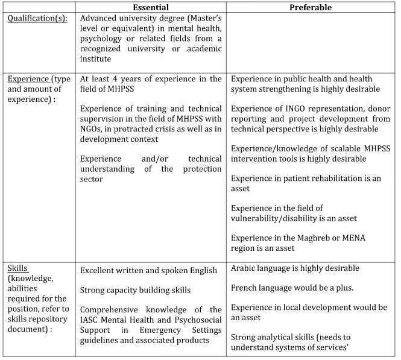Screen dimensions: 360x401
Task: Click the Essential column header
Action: coord(151,8)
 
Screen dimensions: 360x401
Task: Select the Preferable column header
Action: coord(311,8)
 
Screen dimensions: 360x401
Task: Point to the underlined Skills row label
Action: coord(17,268)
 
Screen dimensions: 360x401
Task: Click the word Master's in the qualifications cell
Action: coord(204,18)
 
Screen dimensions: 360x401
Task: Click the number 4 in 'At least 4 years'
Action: coord(115,79)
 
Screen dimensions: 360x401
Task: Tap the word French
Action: coord(245,288)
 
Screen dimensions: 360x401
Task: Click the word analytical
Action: coord(277,337)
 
